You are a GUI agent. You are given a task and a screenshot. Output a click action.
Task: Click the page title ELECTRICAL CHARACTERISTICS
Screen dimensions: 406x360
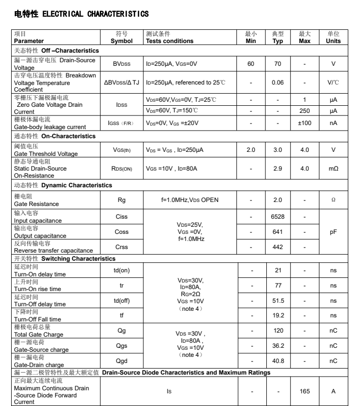(81, 14)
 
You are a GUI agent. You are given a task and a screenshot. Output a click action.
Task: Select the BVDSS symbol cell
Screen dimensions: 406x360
(122, 64)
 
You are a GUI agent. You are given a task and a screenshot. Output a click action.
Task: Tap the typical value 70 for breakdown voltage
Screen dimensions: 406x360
(277, 64)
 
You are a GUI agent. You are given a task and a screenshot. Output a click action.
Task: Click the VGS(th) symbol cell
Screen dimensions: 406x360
(122, 150)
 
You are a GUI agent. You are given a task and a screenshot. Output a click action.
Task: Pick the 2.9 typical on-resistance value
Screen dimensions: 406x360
(277, 168)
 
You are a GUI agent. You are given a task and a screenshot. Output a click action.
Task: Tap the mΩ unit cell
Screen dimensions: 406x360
(333, 168)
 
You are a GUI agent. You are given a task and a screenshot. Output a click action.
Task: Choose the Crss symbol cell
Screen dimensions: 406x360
(122, 248)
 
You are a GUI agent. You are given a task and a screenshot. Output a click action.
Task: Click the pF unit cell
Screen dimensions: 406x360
(333, 232)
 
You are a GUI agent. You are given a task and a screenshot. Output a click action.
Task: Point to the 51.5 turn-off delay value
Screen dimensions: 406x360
(277, 301)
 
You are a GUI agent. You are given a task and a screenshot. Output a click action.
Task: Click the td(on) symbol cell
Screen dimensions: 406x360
(122, 270)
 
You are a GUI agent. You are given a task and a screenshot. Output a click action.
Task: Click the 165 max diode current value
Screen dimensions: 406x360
(304, 391)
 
